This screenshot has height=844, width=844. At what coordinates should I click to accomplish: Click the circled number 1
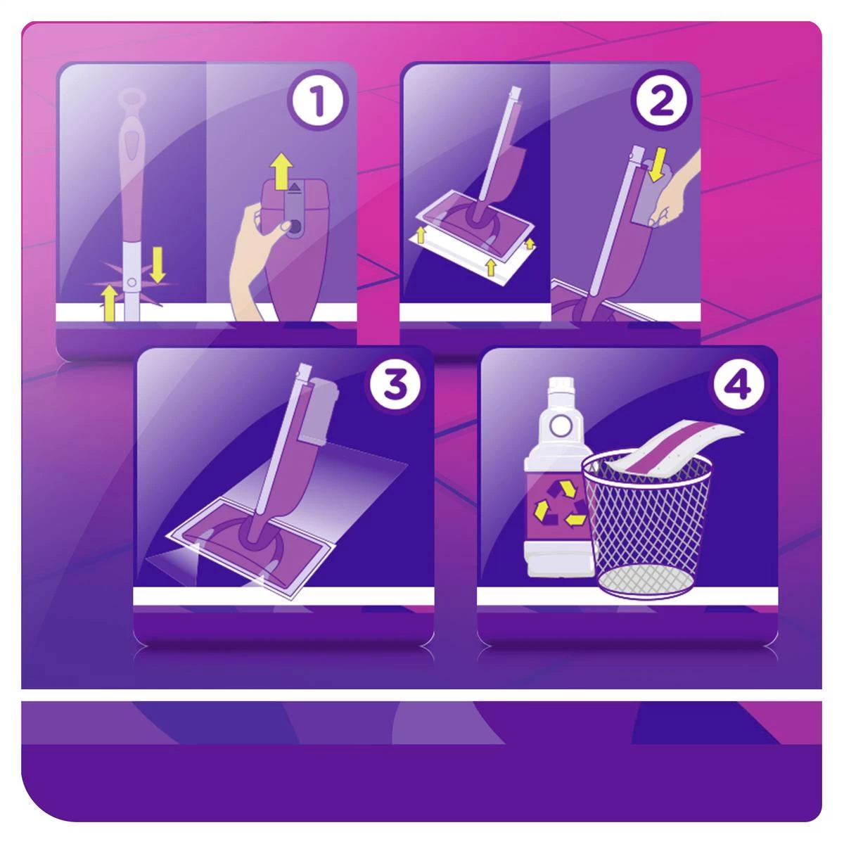[x=318, y=103]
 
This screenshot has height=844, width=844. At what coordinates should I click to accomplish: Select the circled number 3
[x=393, y=385]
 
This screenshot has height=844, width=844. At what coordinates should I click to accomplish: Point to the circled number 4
[x=737, y=385]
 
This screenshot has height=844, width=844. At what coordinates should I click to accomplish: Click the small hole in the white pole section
[x=132, y=283]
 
